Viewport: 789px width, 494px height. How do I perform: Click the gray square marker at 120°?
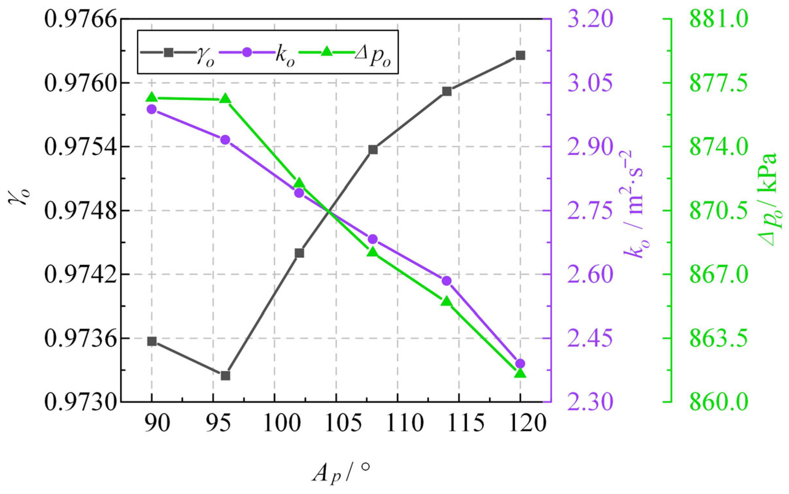(520, 55)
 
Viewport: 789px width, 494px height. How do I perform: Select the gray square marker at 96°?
(225, 375)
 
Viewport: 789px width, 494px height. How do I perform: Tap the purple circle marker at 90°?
(152, 109)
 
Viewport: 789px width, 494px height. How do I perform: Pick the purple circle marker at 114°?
(446, 281)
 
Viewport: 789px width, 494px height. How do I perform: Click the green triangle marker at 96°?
(225, 99)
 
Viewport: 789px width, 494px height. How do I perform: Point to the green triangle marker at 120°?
(520, 373)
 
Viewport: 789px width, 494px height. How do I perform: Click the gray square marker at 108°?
(373, 150)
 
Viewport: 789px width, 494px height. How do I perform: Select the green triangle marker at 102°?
(299, 183)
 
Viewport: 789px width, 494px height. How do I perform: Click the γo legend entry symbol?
(168, 52)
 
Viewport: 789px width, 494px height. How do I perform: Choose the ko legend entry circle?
(247, 52)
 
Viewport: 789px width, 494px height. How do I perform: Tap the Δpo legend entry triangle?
(328, 52)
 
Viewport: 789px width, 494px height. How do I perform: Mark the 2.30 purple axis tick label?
(589, 403)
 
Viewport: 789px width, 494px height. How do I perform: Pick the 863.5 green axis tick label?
(718, 339)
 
